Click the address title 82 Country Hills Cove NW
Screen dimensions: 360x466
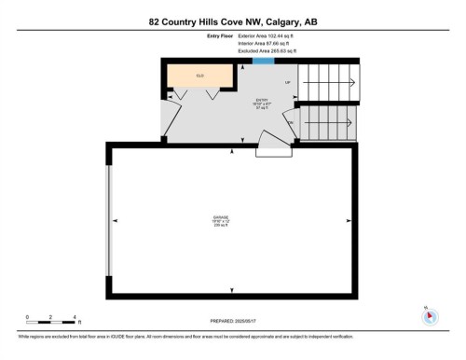(x=233, y=21)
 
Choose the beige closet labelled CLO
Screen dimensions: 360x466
(x=199, y=76)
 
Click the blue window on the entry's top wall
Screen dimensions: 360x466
(x=263, y=62)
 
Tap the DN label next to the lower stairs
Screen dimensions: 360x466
(x=291, y=123)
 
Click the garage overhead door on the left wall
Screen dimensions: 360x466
(x=111, y=221)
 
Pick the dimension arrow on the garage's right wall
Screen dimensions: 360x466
(x=350, y=221)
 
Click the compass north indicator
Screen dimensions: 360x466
(x=430, y=315)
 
